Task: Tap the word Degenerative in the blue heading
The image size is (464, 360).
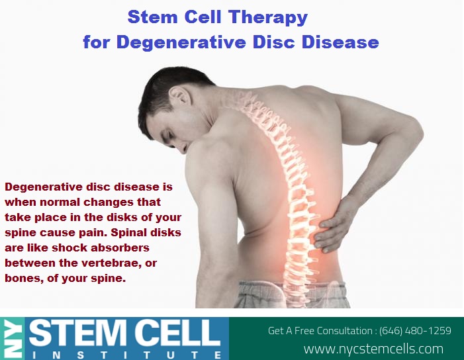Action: pyautogui.click(x=181, y=42)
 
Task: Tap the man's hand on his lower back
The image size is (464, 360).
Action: pyautogui.click(x=334, y=225)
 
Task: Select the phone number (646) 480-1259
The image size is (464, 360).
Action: pyautogui.click(x=415, y=330)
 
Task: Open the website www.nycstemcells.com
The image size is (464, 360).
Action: pyautogui.click(x=373, y=349)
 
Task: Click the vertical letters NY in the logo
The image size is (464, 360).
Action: pyautogui.click(x=12, y=339)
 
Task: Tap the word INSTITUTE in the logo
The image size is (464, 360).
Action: pyautogui.click(x=126, y=355)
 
